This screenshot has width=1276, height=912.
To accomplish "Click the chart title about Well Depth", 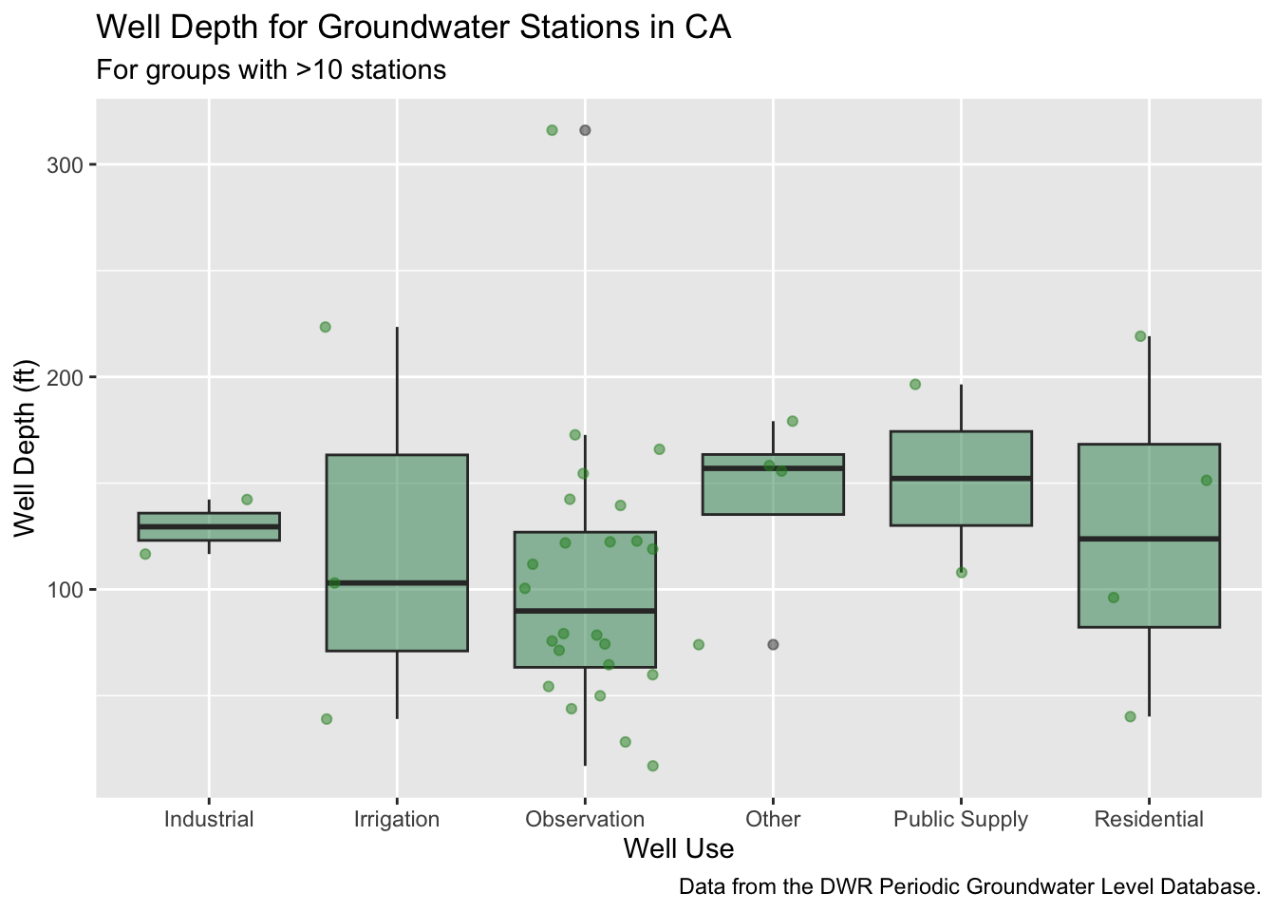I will pos(414,27).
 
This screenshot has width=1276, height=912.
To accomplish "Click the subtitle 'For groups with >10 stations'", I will pos(272,70).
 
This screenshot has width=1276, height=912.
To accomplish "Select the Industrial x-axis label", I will pos(209,819).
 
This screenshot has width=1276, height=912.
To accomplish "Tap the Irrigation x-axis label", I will pos(397,819).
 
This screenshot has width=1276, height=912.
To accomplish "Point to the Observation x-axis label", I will pos(585,819).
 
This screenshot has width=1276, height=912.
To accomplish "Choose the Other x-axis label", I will pos(773,819).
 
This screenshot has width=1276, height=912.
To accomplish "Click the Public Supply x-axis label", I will pos(961,819).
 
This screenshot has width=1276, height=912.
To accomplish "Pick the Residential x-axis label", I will pos(1149,819).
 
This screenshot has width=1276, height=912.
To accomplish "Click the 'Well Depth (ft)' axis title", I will pos(24,447).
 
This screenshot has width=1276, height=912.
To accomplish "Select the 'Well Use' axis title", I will pos(678,848).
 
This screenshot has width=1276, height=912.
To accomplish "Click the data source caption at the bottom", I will pos(969,887).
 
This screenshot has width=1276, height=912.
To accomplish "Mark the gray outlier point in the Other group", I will pos(773,645).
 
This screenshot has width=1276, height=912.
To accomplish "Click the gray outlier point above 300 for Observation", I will pos(585,130).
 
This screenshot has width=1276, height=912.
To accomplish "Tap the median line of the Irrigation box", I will pos(397,582).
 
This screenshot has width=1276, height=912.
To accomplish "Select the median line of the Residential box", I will pos(1149,539).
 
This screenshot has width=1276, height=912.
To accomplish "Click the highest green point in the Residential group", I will pos(1140,336).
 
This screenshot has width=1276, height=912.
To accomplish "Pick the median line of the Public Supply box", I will pos(961,478).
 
